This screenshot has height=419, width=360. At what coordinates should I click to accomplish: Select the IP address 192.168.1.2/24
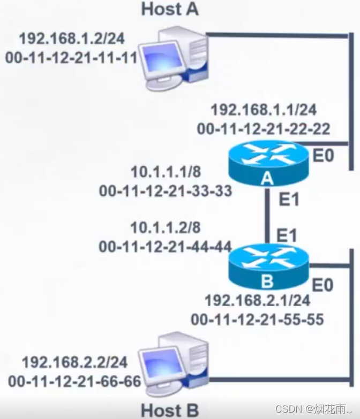click(72, 39)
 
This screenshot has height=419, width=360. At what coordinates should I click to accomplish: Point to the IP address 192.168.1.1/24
click(264, 111)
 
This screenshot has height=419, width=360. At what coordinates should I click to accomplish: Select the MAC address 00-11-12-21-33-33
click(166, 191)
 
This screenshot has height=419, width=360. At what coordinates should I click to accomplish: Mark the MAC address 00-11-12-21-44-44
click(166, 246)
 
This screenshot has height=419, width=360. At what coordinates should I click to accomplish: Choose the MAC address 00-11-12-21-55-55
click(257, 319)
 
